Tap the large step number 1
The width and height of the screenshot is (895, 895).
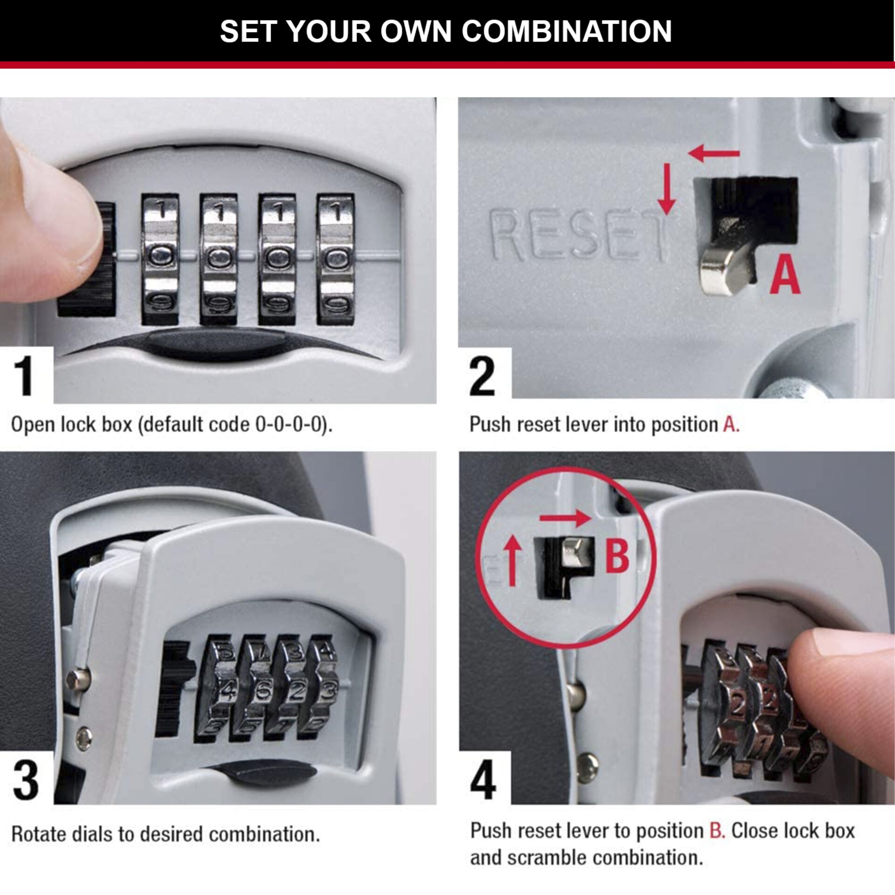point(23,376)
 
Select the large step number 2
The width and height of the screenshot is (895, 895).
point(482,376)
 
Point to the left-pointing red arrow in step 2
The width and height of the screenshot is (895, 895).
point(714,153)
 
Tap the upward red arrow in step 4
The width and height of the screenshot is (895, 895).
point(513,559)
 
